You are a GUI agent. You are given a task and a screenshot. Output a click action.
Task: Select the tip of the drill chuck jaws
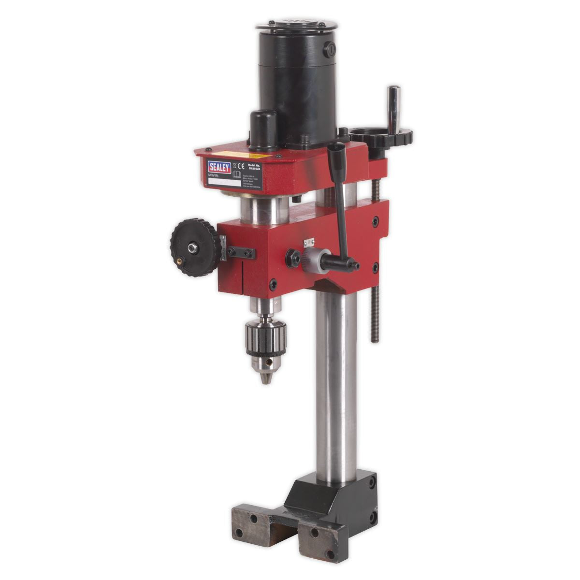coord(264,379)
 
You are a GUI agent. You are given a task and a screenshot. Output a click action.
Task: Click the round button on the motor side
coord(331,48)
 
